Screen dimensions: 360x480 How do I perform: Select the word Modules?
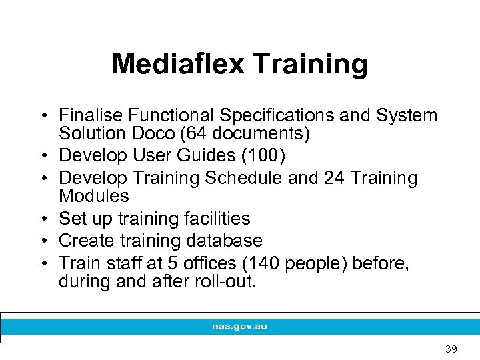click(93, 196)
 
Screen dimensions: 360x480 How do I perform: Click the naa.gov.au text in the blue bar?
click(239, 327)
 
